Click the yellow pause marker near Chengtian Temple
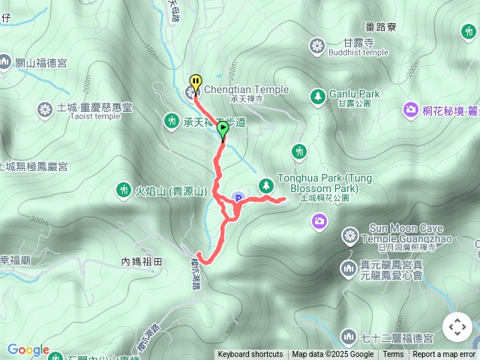(x=196, y=81)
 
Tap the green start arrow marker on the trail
(x=223, y=129)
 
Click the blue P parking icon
(x=238, y=198)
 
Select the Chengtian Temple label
(x=246, y=90)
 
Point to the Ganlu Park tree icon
(x=318, y=95)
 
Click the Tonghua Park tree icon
(x=265, y=184)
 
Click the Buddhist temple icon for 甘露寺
(x=317, y=47)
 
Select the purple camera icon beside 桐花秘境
(x=410, y=110)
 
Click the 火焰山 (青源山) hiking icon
(x=124, y=190)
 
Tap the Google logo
(x=28, y=350)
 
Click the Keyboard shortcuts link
(x=250, y=355)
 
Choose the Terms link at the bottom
(x=393, y=355)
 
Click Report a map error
(x=444, y=355)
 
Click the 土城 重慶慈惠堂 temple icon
(x=44, y=111)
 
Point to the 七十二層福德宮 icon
(x=347, y=337)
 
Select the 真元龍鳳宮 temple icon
(x=347, y=268)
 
